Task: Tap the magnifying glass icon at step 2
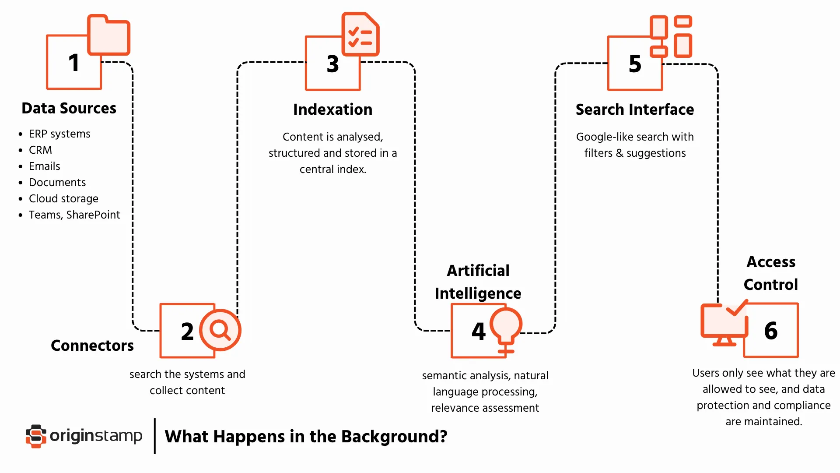click(220, 330)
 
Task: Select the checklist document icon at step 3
click(360, 35)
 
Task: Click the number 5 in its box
click(635, 64)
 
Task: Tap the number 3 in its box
click(332, 64)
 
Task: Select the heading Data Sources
click(69, 108)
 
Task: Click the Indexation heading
click(332, 109)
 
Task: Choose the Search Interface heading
click(634, 109)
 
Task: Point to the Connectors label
click(92, 346)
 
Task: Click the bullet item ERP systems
click(59, 134)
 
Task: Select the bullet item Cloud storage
click(63, 198)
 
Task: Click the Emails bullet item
click(44, 166)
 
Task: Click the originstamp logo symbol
click(36, 436)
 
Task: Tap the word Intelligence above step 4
click(478, 293)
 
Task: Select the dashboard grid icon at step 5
click(671, 36)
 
